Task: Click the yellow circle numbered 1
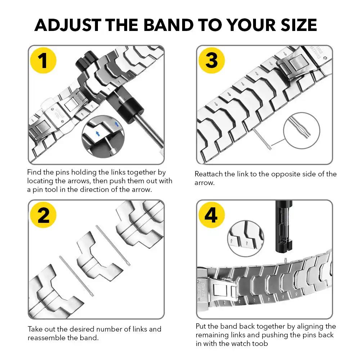pyautogui.click(x=43, y=60)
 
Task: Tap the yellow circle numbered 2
pyautogui.click(x=43, y=216)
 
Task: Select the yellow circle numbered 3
pyautogui.click(x=211, y=60)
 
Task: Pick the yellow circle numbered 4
pyautogui.click(x=211, y=216)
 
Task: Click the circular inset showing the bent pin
pyautogui.click(x=302, y=129)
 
